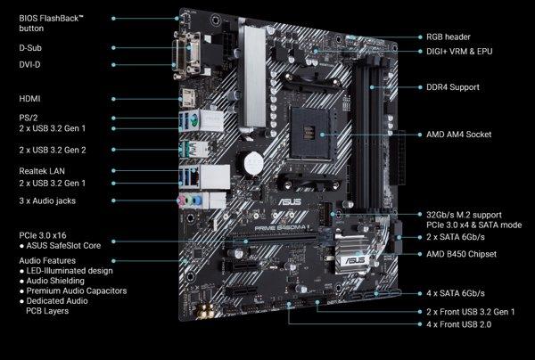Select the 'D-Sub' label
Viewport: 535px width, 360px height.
click(x=31, y=48)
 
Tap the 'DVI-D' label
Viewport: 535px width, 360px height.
click(x=31, y=64)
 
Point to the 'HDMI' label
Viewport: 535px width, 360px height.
click(x=30, y=98)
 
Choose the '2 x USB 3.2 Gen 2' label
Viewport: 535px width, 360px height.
click(x=53, y=149)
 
